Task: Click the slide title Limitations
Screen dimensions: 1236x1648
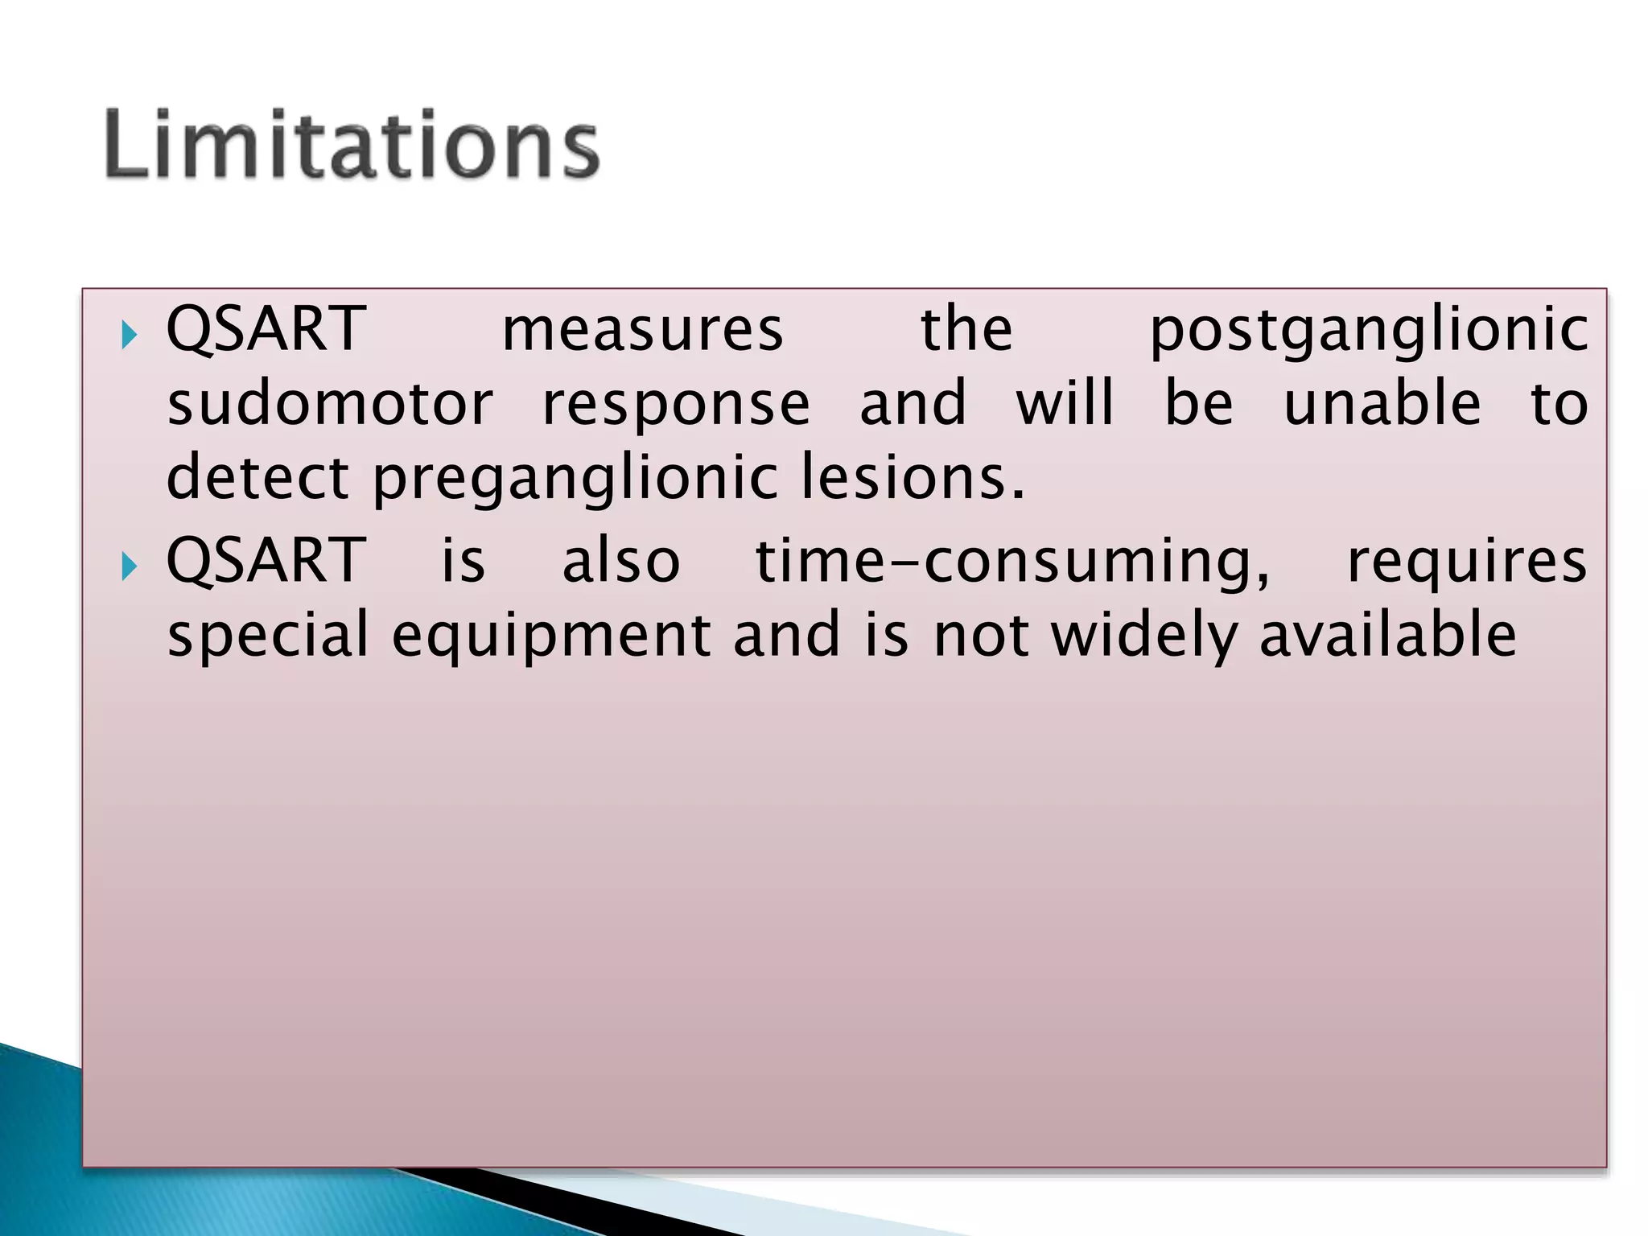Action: [352, 145]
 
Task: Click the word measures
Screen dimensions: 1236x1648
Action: [642, 330]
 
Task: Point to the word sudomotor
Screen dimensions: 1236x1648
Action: [330, 404]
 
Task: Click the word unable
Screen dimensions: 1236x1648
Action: [1382, 404]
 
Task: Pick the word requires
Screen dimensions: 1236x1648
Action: [1467, 562]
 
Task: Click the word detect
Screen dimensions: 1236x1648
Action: [257, 478]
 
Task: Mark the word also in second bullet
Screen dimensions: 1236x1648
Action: [621, 562]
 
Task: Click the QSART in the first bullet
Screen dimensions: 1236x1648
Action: [266, 330]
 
